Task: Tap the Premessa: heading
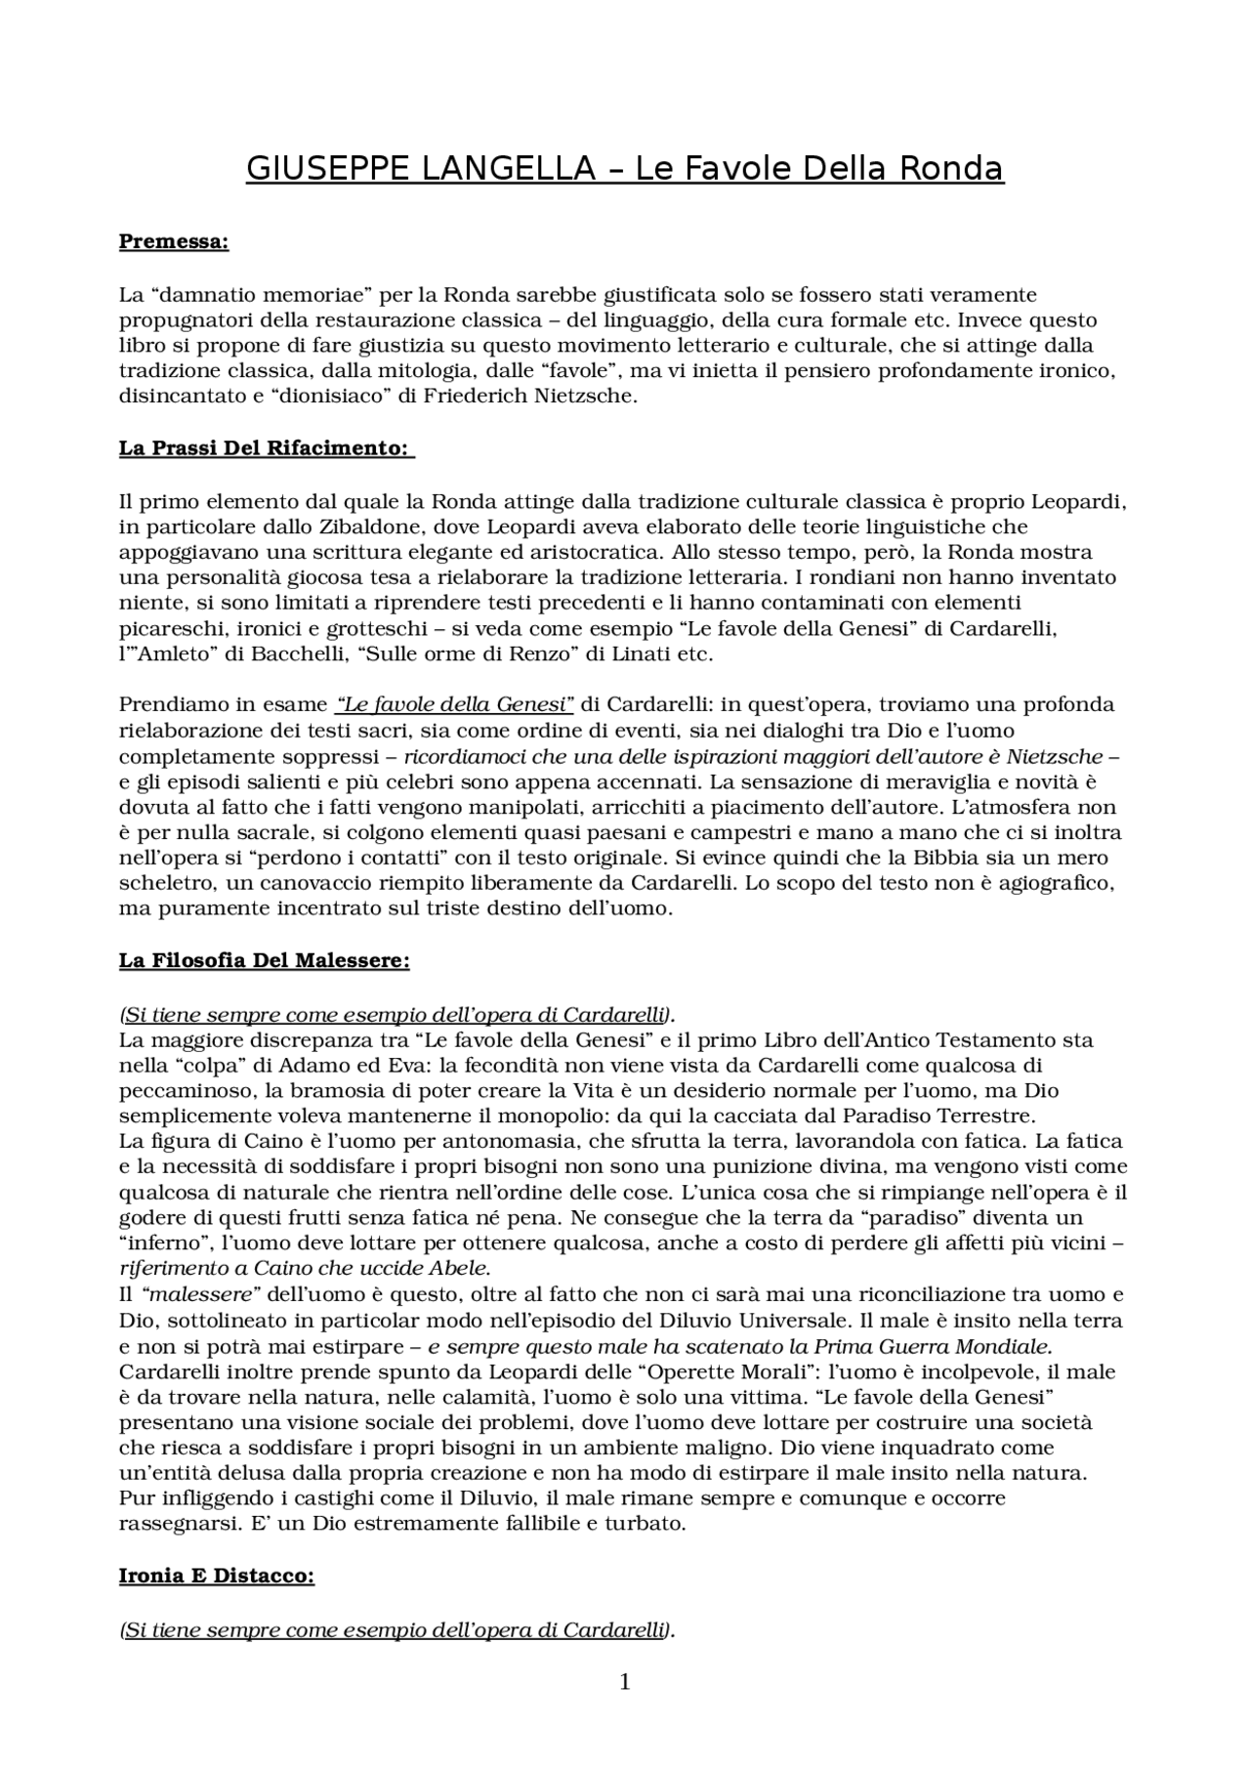click(174, 241)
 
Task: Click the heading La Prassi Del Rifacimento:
click(266, 448)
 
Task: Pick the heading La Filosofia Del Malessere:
click(264, 960)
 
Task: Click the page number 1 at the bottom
click(625, 1682)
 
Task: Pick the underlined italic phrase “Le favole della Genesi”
click(453, 704)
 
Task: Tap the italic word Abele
click(459, 1269)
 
